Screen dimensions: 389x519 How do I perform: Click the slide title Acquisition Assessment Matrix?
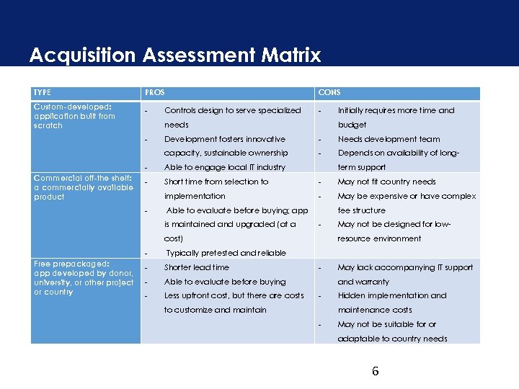(175, 55)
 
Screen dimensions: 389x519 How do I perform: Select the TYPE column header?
(43, 93)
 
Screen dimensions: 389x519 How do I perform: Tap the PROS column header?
(155, 93)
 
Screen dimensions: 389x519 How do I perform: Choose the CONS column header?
(329, 93)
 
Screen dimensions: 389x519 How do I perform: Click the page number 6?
(375, 372)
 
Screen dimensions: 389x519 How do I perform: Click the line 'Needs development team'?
(389, 139)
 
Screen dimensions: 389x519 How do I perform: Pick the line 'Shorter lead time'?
(197, 267)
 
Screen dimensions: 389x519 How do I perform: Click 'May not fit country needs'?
(387, 182)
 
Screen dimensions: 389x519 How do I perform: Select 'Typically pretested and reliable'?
(226, 253)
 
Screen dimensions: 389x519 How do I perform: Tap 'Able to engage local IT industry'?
(225, 167)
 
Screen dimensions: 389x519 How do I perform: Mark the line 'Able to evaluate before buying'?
(225, 282)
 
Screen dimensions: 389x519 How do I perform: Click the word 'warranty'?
(373, 282)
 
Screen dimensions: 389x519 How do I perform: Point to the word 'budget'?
(352, 125)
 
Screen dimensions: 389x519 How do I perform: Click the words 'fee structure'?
(362, 210)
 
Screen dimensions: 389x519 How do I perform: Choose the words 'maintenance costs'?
(375, 310)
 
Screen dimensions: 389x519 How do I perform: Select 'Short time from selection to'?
(216, 182)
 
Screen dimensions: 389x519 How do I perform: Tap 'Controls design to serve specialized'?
(233, 110)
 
